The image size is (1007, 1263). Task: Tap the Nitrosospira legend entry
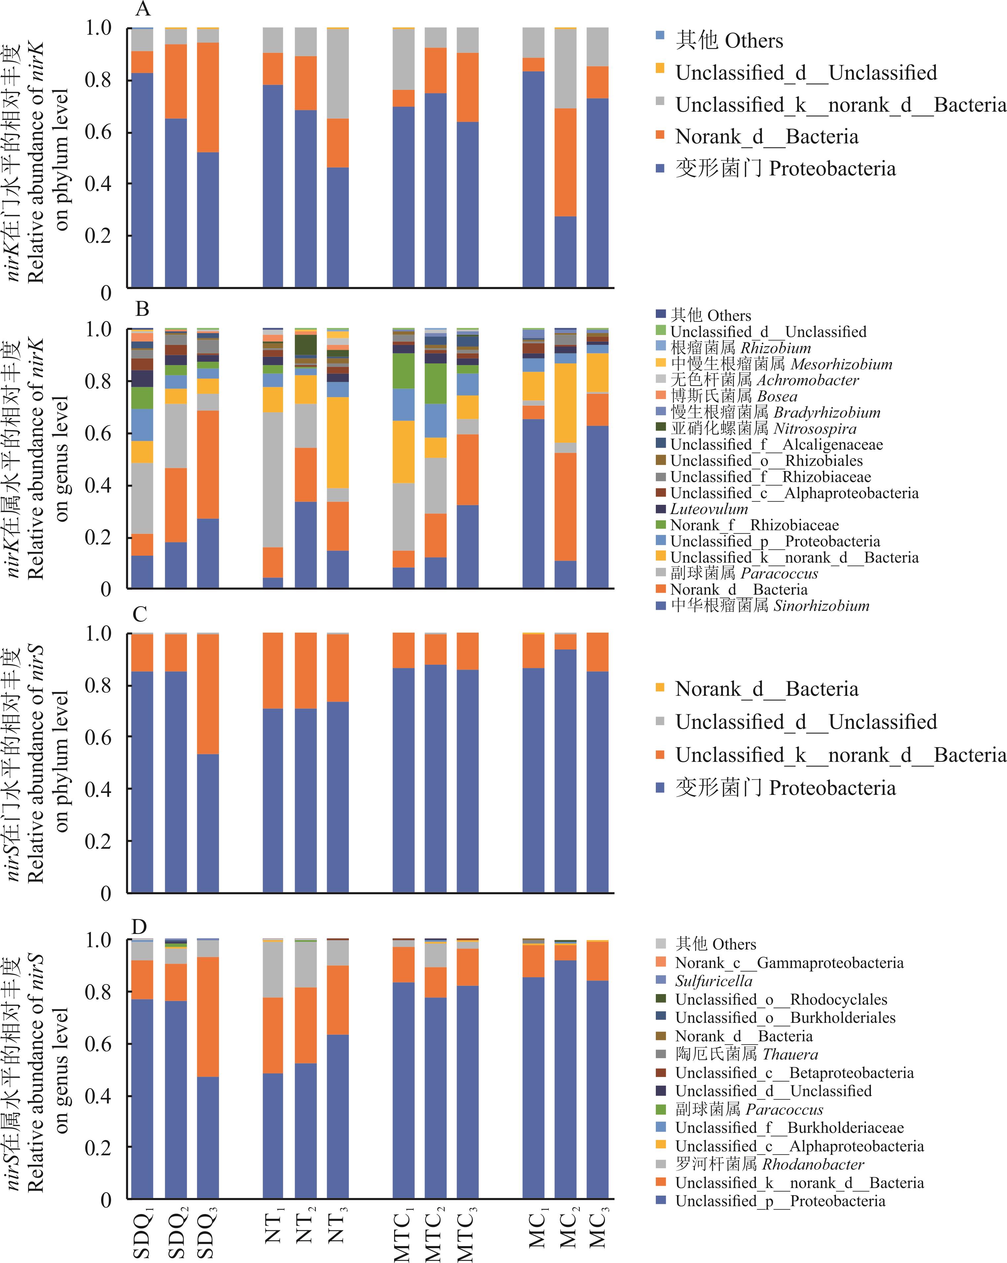(763, 429)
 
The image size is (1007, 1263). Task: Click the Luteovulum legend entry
(709, 509)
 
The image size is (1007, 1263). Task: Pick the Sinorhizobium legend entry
(770, 606)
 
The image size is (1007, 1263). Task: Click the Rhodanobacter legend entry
(769, 1164)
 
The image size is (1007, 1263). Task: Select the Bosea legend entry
(734, 396)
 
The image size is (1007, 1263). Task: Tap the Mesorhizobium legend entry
(781, 364)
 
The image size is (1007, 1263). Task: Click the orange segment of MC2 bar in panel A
(565, 162)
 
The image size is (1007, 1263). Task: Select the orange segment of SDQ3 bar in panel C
(208, 694)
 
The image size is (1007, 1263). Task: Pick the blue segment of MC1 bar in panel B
(533, 504)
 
